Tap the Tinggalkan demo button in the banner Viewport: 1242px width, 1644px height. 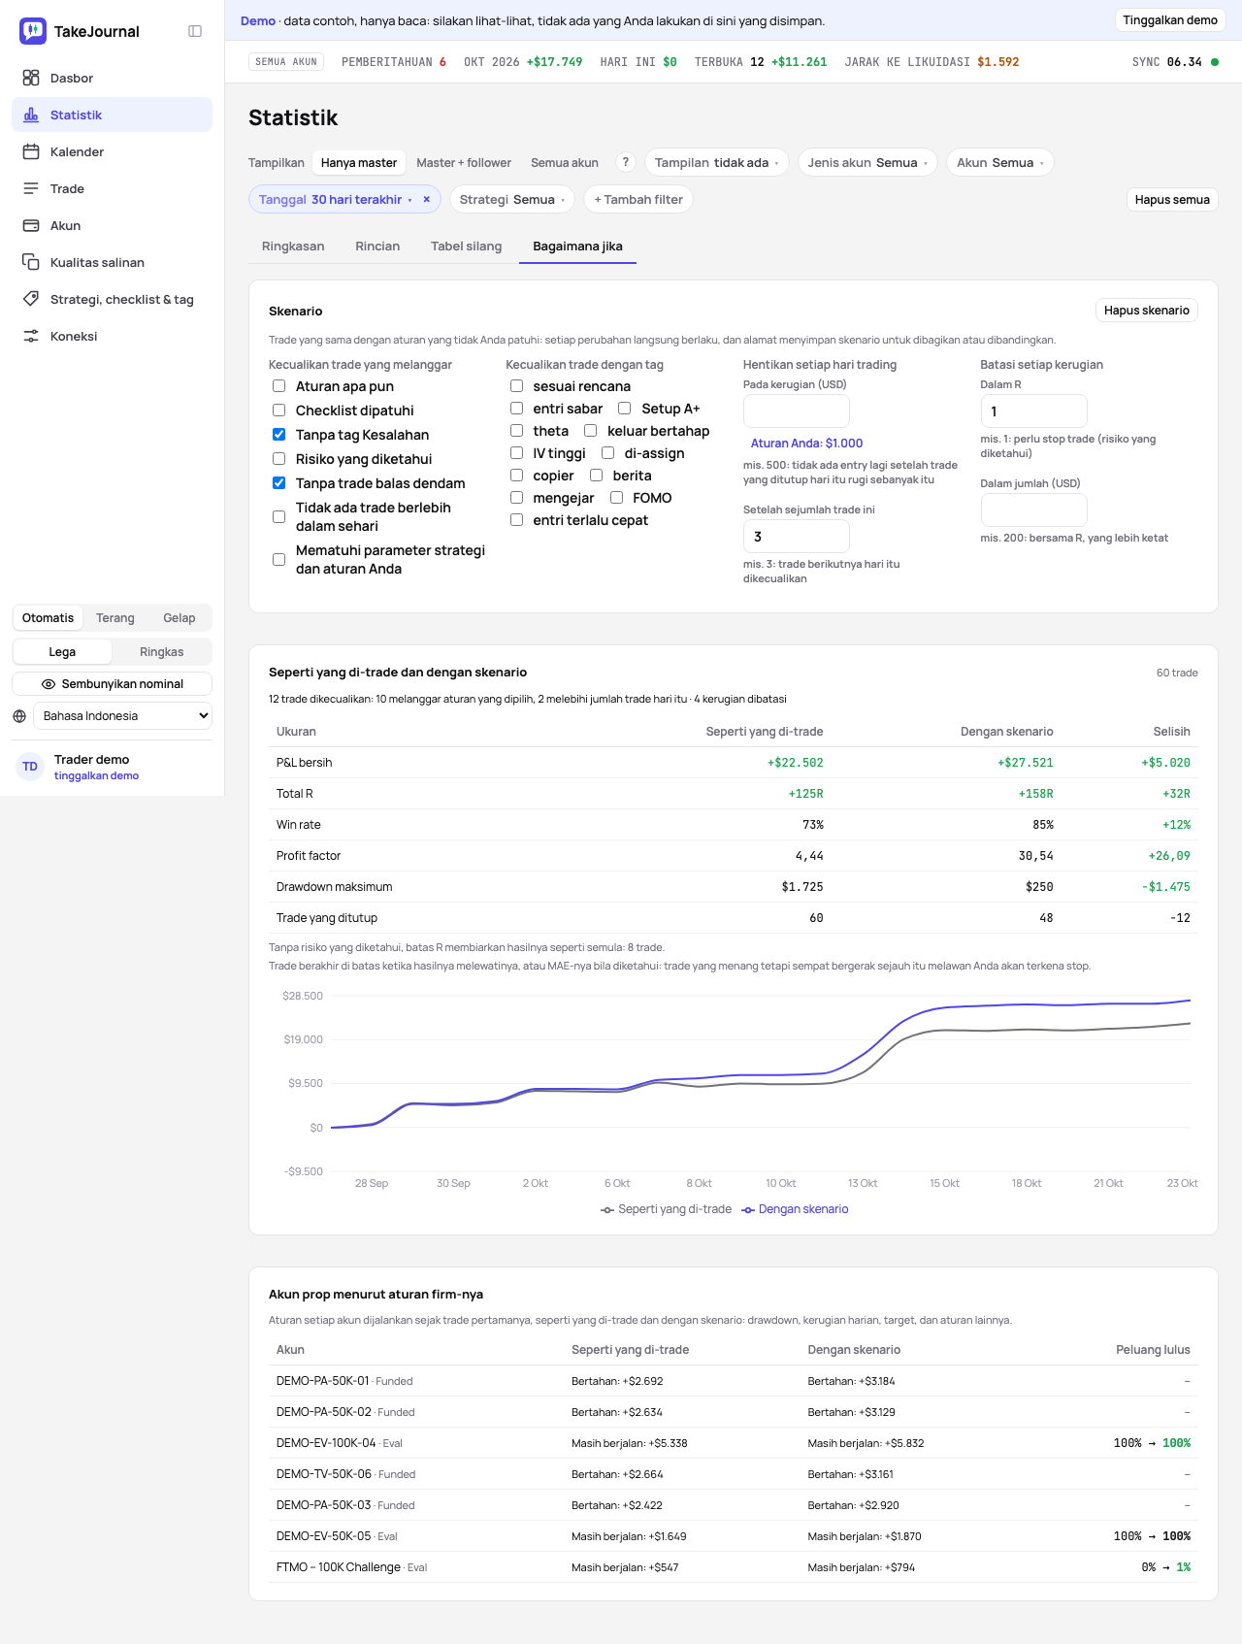pos(1170,20)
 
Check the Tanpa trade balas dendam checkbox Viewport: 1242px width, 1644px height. pos(279,483)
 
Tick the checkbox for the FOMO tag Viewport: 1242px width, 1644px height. pos(616,498)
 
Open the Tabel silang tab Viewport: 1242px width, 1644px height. pos(467,247)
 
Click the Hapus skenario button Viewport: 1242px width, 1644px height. pos(1147,311)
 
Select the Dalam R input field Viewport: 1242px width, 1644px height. pos(1033,411)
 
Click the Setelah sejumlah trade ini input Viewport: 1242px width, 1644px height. pos(796,537)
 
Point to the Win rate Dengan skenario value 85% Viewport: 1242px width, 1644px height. pos(1043,825)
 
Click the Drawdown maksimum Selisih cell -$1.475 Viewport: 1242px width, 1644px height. pos(1166,887)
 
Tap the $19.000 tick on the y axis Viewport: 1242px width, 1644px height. pos(304,1039)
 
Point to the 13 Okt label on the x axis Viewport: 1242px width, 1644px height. pos(863,1183)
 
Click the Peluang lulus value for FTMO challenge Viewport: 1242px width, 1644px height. pos(1166,1567)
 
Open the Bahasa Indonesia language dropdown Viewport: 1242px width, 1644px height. pos(122,716)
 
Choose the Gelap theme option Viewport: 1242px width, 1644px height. pos(180,618)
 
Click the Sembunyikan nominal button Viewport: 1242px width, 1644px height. pos(113,684)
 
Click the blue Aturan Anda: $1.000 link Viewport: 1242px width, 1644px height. pos(806,444)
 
